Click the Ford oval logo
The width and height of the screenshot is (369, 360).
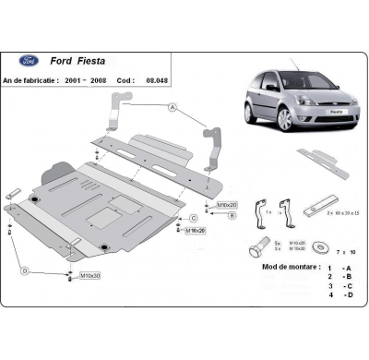pyautogui.click(x=28, y=60)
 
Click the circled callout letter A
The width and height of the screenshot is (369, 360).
pyautogui.click(x=173, y=109)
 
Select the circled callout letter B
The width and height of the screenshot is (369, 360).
pyautogui.click(x=232, y=215)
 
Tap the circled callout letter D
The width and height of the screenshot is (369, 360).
pyautogui.click(x=25, y=270)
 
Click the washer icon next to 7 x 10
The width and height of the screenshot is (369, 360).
pyautogui.click(x=323, y=247)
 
